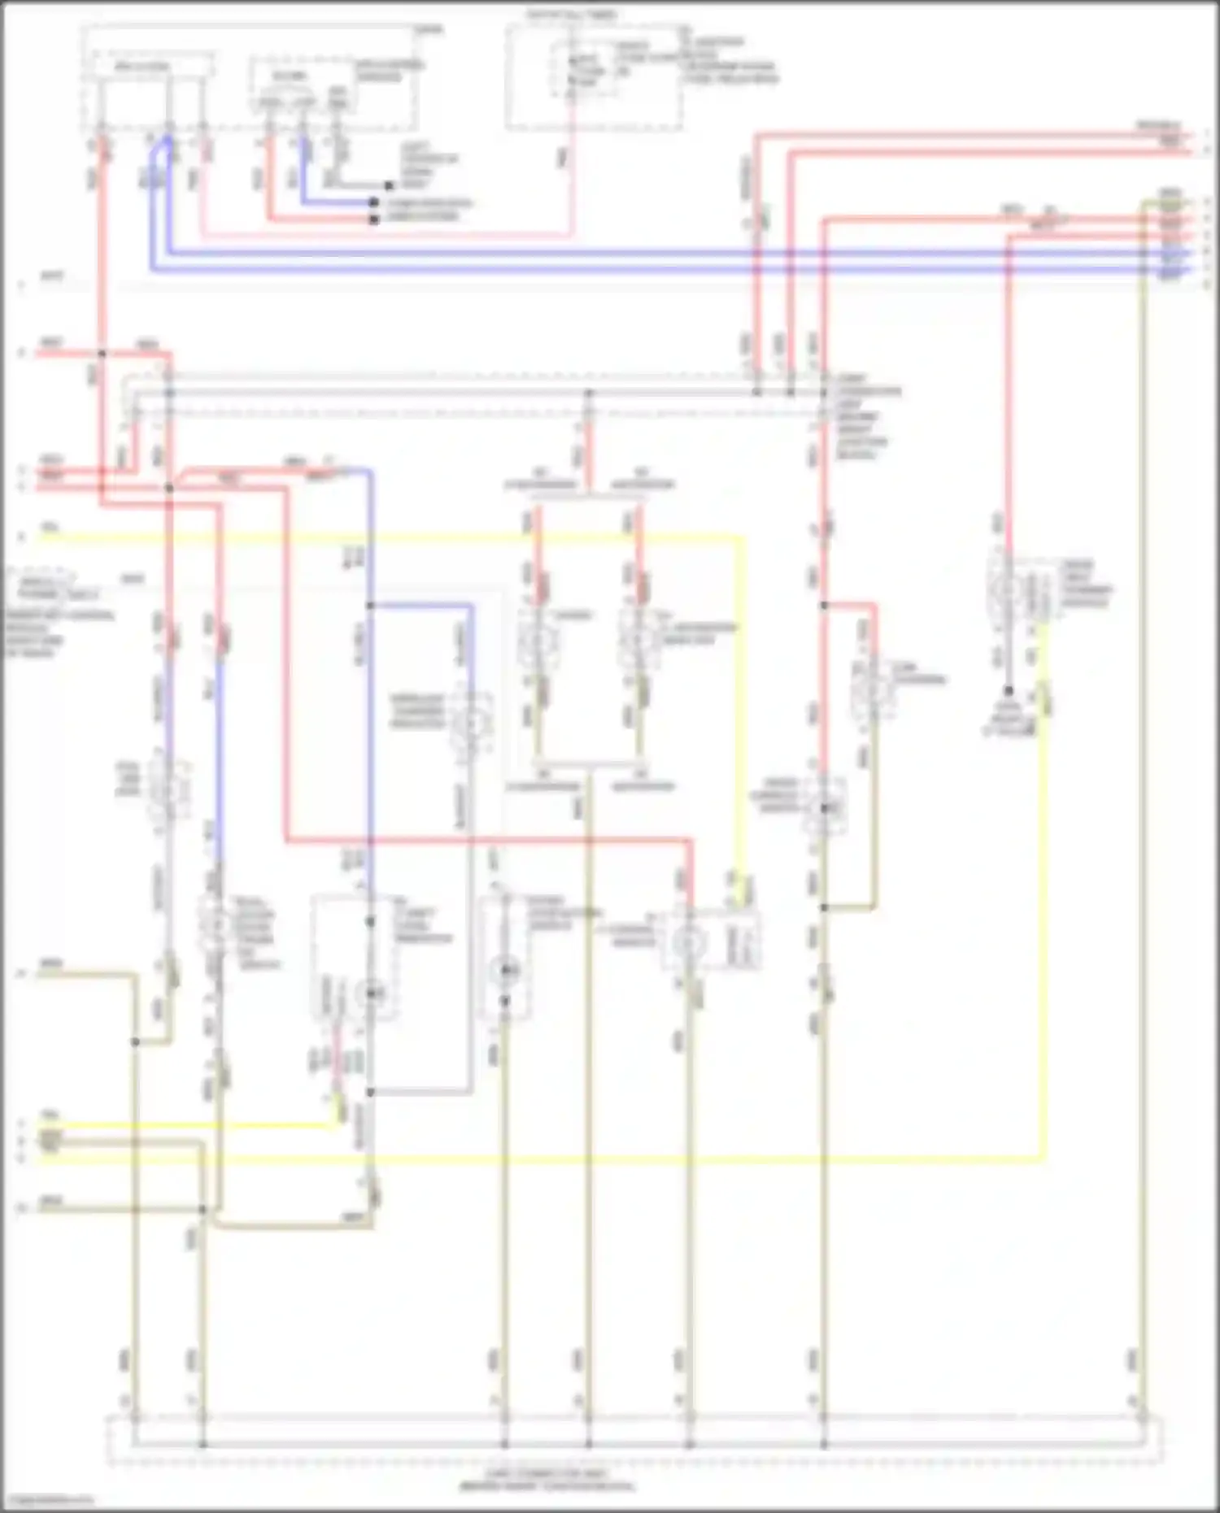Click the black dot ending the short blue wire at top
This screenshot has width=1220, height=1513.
(x=373, y=202)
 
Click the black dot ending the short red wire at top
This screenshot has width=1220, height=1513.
(x=373, y=219)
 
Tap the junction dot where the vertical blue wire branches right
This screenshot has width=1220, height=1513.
(x=370, y=606)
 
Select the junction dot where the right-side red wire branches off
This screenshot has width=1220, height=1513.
(x=823, y=605)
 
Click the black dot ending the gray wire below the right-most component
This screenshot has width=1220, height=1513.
(x=1008, y=690)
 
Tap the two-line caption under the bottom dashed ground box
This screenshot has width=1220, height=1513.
(x=547, y=1480)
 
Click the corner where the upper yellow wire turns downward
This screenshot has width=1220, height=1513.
(x=741, y=537)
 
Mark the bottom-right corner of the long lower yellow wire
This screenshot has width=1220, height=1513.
(x=1043, y=1158)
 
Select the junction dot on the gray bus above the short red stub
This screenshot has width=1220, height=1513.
(x=589, y=393)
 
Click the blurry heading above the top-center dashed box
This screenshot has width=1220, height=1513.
(x=572, y=15)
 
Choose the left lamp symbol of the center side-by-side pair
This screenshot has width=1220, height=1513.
(x=537, y=640)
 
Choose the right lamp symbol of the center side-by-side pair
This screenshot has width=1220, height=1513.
(x=638, y=640)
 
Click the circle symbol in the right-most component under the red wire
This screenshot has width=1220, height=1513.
(x=1007, y=587)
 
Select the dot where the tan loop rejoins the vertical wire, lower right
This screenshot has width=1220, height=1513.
(x=823, y=907)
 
